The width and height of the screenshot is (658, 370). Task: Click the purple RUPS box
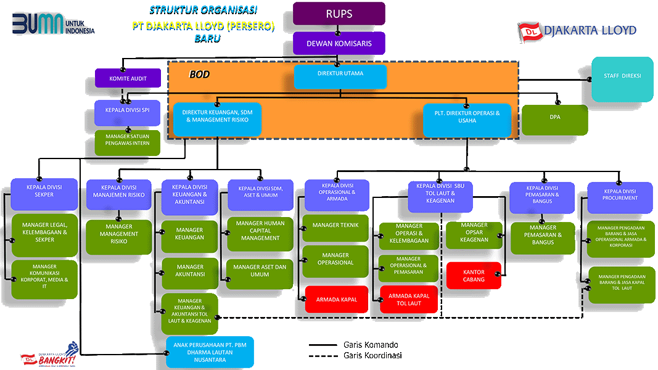[x=339, y=14]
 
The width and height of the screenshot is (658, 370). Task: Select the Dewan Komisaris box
[x=339, y=44]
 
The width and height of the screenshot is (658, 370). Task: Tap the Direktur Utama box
[x=340, y=76]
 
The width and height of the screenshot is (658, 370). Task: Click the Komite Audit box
[x=127, y=78]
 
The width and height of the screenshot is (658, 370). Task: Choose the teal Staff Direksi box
[x=622, y=79]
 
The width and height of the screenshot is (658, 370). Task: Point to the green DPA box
[x=554, y=120]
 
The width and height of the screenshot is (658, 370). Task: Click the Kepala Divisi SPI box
[x=127, y=113]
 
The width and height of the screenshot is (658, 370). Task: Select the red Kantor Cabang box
[x=474, y=276]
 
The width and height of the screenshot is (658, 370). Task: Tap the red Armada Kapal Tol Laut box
[x=408, y=300]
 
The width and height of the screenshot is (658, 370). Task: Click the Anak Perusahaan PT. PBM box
[x=210, y=352]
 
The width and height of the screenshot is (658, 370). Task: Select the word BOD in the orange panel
[x=199, y=74]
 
